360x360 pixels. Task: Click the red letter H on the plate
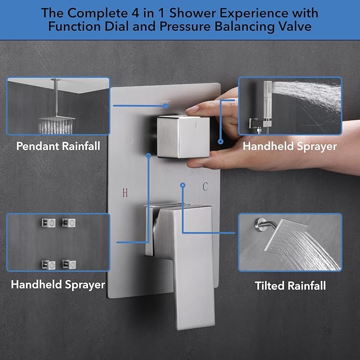(125, 192)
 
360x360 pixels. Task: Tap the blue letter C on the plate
(205, 186)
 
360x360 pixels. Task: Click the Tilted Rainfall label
(290, 286)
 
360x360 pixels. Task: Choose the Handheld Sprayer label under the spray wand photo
(289, 146)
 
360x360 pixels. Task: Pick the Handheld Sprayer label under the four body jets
(58, 285)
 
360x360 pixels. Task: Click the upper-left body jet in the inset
(44, 223)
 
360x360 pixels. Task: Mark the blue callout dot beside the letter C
(182, 186)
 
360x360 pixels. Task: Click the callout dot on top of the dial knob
(166, 106)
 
